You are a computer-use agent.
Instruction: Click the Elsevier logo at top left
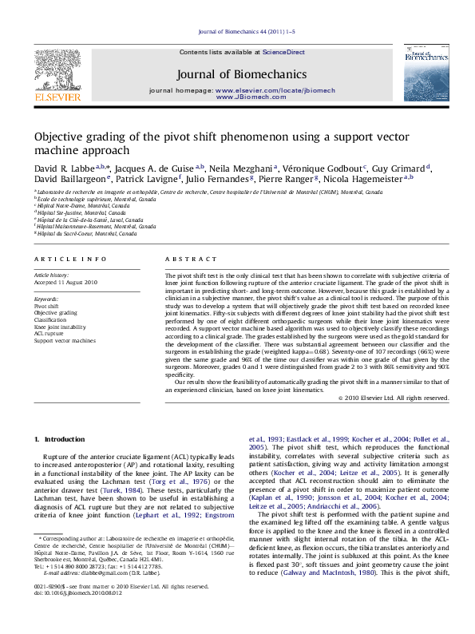click(x=57, y=78)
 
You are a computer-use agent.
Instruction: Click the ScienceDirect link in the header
click(x=284, y=52)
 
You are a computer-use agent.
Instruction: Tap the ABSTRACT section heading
click(x=191, y=260)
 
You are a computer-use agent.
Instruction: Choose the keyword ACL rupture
click(x=49, y=334)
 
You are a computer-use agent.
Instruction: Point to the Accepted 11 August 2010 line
click(x=65, y=282)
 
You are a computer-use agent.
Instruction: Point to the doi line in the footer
click(x=77, y=616)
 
